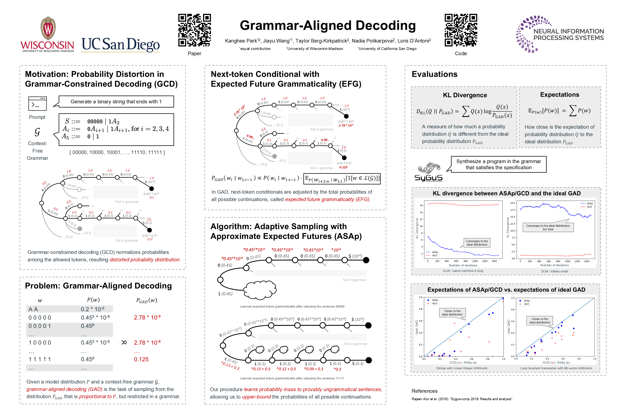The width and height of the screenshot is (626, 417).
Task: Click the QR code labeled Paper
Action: click(194, 30)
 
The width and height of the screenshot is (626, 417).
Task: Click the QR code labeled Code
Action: click(461, 30)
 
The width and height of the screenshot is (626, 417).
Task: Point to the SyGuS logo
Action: click(428, 172)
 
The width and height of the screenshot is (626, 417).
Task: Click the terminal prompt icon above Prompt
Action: click(37, 104)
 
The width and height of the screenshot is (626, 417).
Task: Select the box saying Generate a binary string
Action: click(116, 102)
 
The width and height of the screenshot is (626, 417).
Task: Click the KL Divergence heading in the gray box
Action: click(465, 95)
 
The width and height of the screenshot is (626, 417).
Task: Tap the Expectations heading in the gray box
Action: click(560, 95)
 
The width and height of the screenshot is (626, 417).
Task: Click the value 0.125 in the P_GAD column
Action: click(141, 359)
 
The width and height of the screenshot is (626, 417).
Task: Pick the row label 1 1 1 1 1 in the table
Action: click(40, 359)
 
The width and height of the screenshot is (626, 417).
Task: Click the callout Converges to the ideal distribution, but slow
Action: click(548, 227)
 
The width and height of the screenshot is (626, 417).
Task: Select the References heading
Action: click(425, 391)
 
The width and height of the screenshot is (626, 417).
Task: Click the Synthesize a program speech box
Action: click(498, 164)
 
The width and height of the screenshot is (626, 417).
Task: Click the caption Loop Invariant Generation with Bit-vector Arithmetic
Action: click(556, 368)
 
